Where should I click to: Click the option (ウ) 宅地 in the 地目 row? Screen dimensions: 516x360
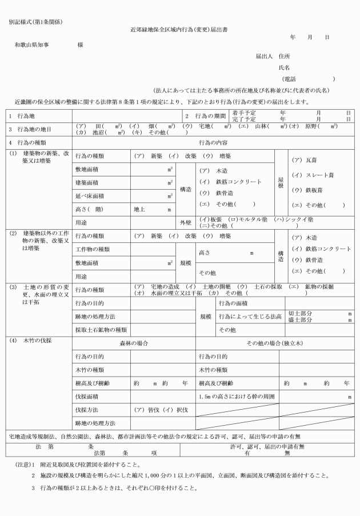pyautogui.click(x=195, y=126)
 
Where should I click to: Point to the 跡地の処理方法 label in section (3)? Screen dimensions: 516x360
pyautogui.click(x=95, y=316)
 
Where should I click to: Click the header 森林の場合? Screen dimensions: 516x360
pyautogui.click(x=134, y=343)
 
